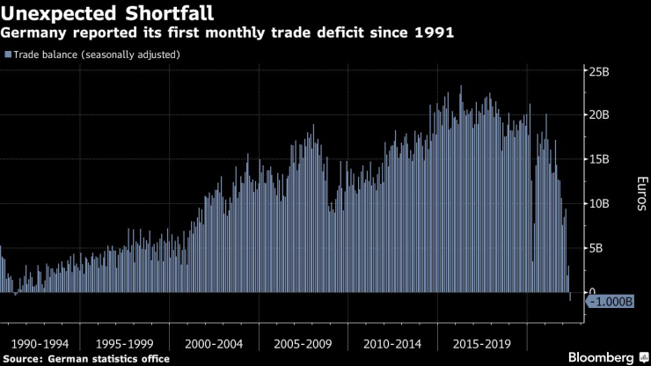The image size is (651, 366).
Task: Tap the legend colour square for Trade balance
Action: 8,55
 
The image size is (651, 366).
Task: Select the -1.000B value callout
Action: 610,301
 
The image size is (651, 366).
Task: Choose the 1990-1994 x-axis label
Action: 37,343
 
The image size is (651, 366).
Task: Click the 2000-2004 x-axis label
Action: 214,343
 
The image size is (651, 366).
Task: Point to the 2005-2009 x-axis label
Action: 304,343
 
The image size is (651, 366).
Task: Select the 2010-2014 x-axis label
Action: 392,343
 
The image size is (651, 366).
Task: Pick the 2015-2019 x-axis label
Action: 481,343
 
